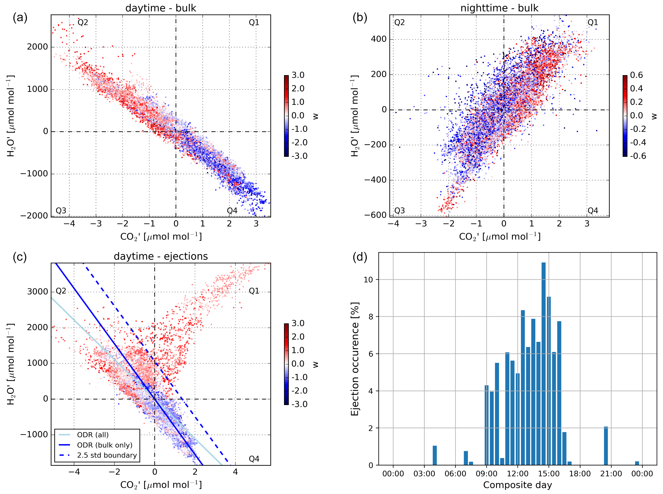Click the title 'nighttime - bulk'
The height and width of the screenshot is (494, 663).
coord(499,8)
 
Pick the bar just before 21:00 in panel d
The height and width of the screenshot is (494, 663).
coord(605,446)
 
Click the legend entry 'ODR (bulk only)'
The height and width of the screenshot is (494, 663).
coord(104,445)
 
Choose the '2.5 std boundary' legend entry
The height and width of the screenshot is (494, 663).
coord(107,455)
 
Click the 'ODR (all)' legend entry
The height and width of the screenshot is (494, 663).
coord(93,435)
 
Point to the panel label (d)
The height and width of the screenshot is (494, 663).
coord(360,257)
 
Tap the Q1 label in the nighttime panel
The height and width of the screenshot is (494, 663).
coord(592,22)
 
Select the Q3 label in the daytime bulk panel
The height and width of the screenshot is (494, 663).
coord(61,211)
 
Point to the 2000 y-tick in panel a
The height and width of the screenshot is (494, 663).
coord(37,47)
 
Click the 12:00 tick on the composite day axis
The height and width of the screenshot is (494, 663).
coord(518,474)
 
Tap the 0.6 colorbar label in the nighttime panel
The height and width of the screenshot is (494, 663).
coord(636,75)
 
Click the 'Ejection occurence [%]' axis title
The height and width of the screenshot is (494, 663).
coord(355,359)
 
